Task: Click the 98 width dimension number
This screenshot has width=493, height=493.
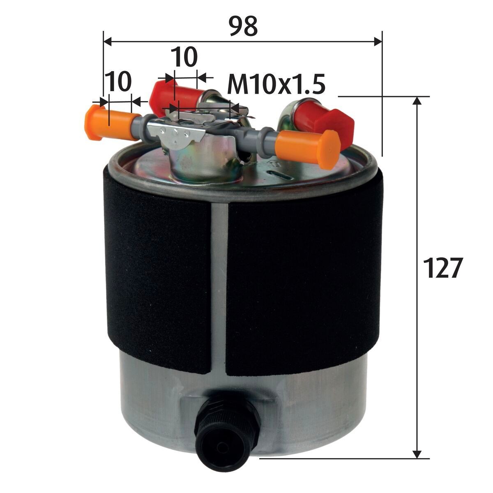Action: click(x=243, y=26)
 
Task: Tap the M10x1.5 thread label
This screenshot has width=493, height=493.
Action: click(x=276, y=85)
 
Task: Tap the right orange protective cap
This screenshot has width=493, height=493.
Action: click(x=308, y=145)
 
